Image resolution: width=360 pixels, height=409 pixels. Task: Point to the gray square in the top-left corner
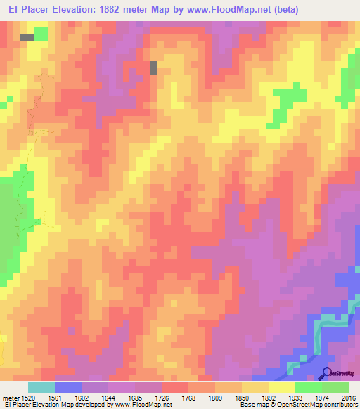[27, 36]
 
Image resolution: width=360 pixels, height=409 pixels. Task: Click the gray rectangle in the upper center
[153, 67]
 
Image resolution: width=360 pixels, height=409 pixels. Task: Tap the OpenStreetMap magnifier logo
[327, 374]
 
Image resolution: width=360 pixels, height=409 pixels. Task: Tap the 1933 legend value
[296, 398]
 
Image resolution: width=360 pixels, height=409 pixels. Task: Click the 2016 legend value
[349, 398]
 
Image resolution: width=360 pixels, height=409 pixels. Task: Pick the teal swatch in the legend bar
[41, 387]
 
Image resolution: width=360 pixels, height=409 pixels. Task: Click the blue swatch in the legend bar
[67, 387]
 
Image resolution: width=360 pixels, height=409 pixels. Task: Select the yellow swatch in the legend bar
[281, 387]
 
